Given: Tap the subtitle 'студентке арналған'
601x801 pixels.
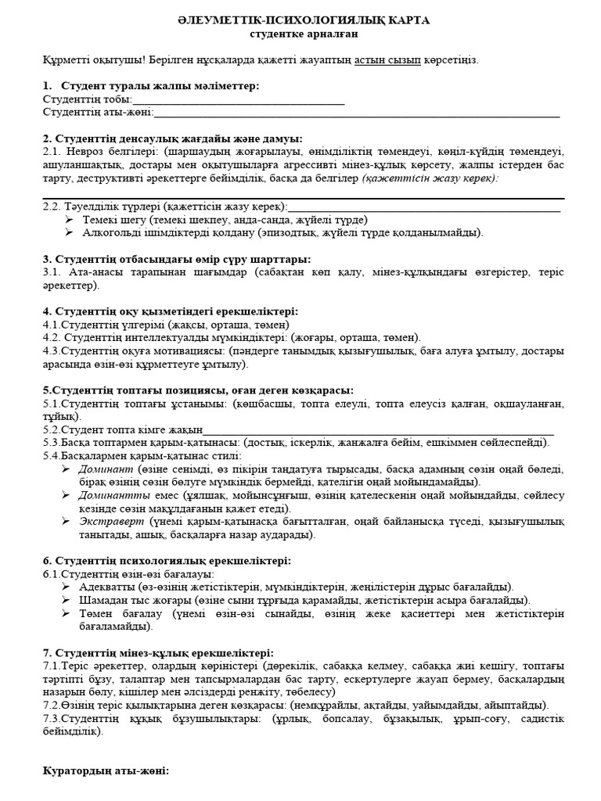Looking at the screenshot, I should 300,34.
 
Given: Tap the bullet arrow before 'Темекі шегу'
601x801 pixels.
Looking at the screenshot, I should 68,220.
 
